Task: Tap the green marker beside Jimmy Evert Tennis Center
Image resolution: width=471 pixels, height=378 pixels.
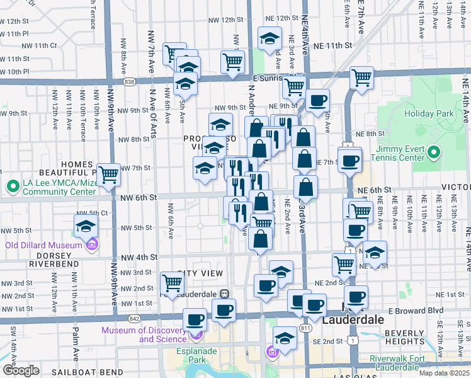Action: point(434,152)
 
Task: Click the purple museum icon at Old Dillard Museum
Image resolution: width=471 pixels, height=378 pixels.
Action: point(93,244)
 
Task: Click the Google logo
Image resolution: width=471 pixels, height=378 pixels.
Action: point(21,370)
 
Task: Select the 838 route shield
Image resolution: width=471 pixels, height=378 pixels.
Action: point(129,82)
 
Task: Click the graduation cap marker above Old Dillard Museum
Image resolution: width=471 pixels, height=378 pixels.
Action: point(86,226)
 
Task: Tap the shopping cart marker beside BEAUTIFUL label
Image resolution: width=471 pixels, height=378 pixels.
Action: point(108,175)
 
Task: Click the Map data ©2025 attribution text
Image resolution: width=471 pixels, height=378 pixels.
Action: point(445,373)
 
